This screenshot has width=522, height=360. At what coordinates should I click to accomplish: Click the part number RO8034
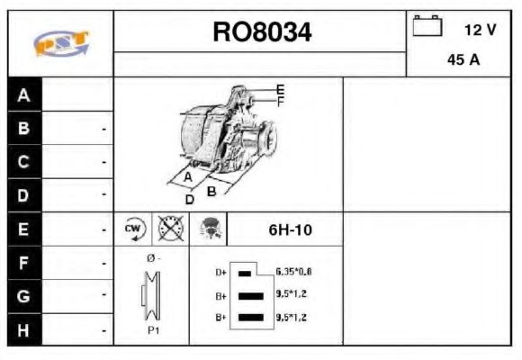pyautogui.click(x=262, y=32)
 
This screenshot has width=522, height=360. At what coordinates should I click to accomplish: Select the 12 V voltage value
pyautogui.click(x=479, y=30)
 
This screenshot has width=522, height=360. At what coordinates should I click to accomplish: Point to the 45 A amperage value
pyautogui.click(x=463, y=61)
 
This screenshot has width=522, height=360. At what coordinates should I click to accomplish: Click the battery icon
pyautogui.click(x=427, y=26)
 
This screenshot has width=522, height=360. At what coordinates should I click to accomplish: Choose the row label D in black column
pyautogui.click(x=24, y=194)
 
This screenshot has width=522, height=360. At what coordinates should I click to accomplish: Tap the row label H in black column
pyautogui.click(x=24, y=329)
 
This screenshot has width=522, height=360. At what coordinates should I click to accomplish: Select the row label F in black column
pyautogui.click(x=24, y=263)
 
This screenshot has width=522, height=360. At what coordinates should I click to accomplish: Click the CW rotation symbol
pyautogui.click(x=133, y=229)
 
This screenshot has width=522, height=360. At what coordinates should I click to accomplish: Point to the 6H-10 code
pyautogui.click(x=290, y=230)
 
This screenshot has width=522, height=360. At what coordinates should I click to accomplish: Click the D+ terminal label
pyautogui.click(x=220, y=272)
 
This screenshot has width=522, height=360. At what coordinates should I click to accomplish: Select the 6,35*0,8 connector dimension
pyautogui.click(x=294, y=271)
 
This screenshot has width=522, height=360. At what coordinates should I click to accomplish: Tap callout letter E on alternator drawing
pyautogui.click(x=280, y=89)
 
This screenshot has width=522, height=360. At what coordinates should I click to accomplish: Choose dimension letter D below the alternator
pyautogui.click(x=189, y=199)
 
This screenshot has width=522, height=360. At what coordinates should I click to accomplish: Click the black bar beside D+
pyautogui.click(x=245, y=272)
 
